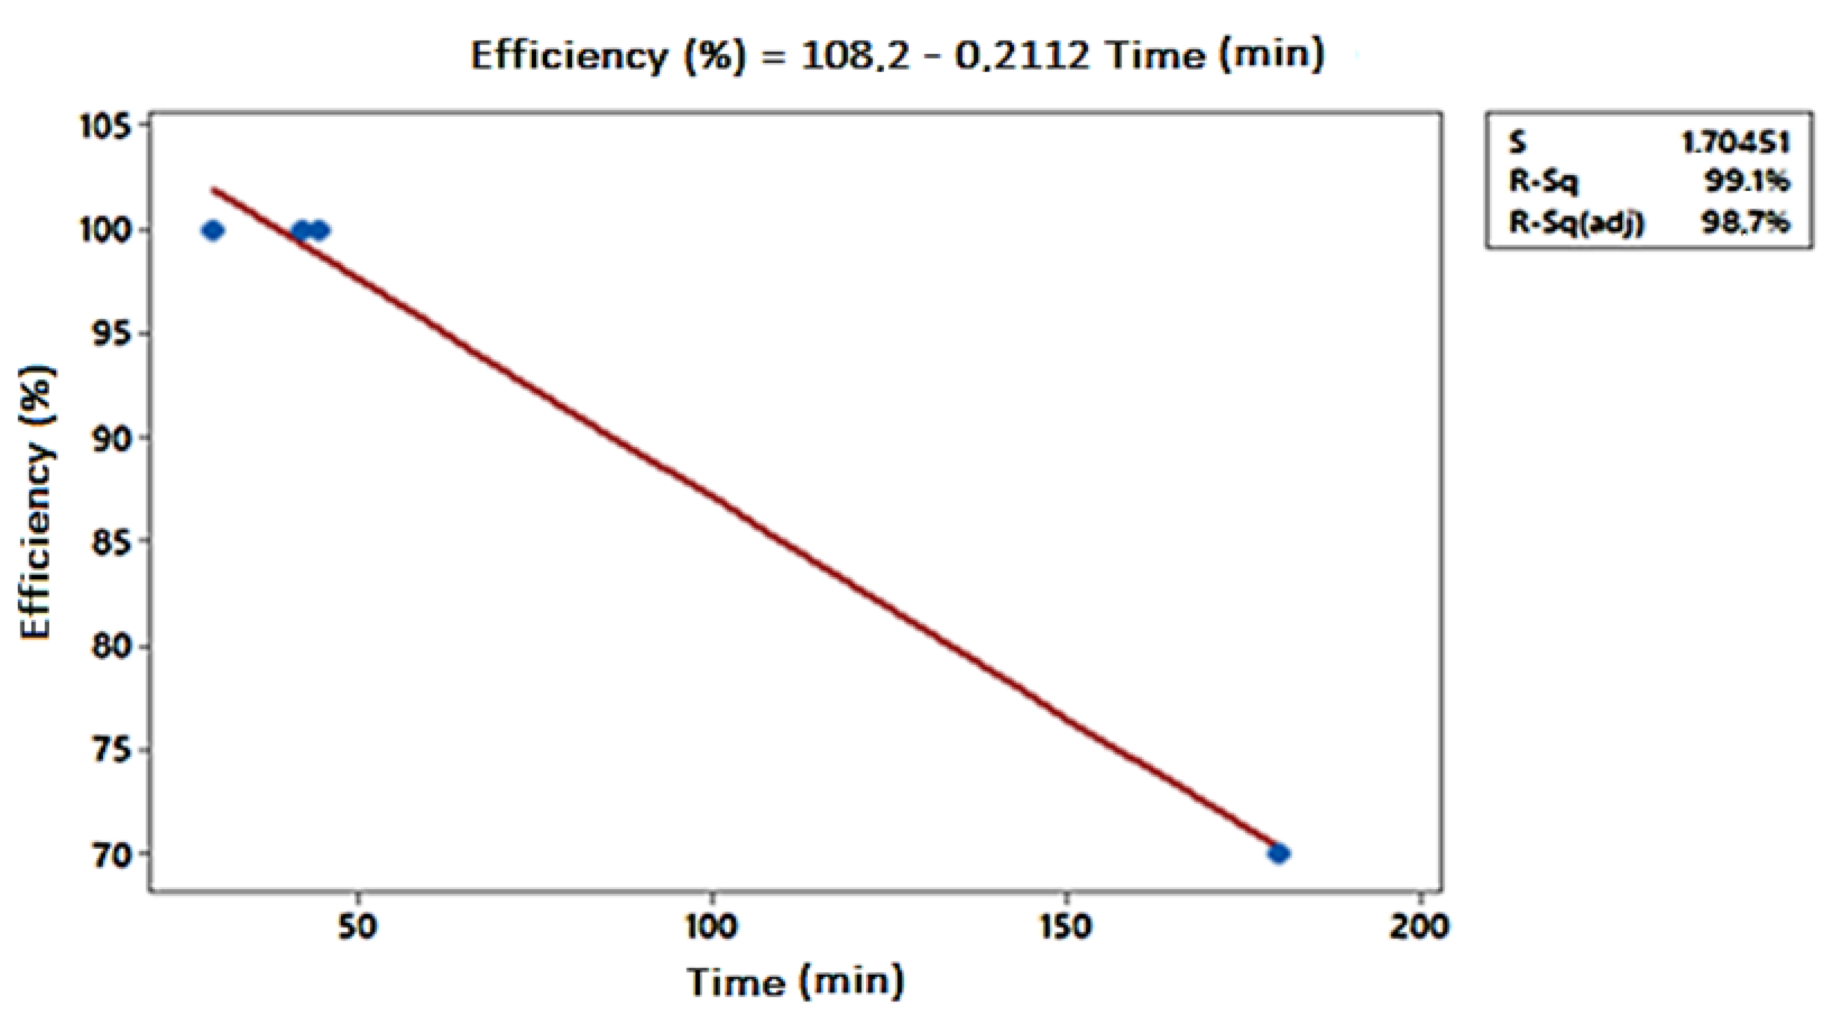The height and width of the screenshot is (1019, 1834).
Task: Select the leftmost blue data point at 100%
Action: (213, 230)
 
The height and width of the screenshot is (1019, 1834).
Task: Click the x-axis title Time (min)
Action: (795, 981)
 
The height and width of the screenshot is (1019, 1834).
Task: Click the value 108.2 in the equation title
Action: (855, 55)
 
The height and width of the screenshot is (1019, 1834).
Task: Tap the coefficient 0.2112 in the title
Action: (1022, 55)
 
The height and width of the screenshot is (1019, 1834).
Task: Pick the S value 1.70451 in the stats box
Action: (1735, 143)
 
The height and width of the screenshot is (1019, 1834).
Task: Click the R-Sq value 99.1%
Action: (1746, 182)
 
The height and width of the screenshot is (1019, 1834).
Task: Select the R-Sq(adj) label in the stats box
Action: (1576, 223)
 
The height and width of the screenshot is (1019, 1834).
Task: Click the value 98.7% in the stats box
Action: (1745, 223)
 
